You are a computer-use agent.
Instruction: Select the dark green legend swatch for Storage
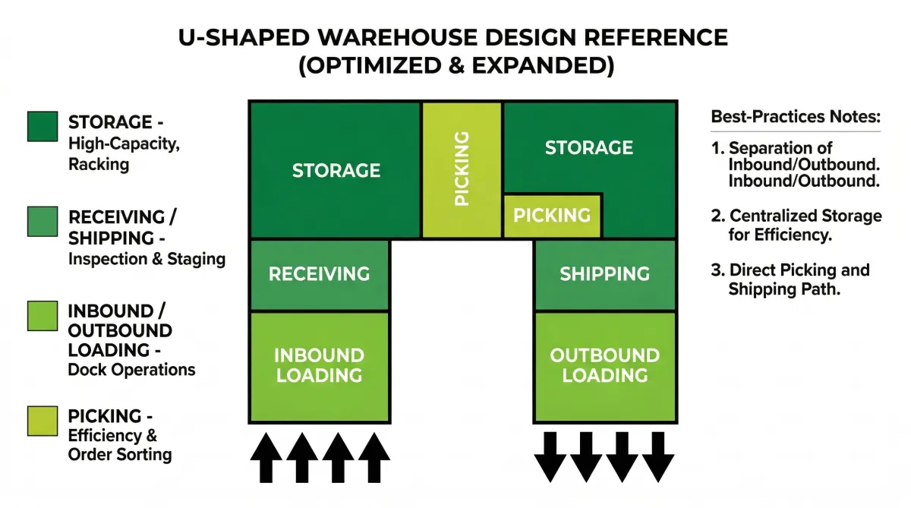pos(43,127)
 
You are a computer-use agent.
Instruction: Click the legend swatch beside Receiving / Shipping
pos(43,222)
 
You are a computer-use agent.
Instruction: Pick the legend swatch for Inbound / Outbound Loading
pos(43,317)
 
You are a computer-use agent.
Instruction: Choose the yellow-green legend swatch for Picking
pos(43,421)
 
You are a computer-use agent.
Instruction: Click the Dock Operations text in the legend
pos(131,370)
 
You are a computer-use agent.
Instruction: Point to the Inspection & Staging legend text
pos(147,259)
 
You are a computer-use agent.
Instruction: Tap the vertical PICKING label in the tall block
pos(461,169)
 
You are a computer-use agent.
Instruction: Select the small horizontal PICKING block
pos(552,215)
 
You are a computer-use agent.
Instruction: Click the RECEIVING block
pos(319,274)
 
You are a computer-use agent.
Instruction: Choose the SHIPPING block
pos(604,274)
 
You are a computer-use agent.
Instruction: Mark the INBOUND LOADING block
pos(319,365)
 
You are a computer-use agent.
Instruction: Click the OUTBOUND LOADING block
pos(604,365)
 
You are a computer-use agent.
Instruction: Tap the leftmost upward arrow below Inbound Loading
pos(266,457)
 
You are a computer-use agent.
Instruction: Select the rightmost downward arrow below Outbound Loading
pos(657,457)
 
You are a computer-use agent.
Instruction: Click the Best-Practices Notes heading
pos(795,118)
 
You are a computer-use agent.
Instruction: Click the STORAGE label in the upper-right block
pos(588,147)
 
